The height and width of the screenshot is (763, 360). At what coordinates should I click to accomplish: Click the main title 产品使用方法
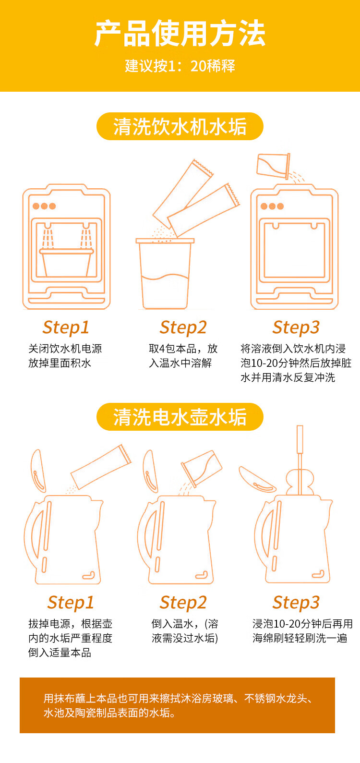[180, 33]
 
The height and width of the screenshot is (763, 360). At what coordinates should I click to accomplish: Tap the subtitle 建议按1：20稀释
[180, 66]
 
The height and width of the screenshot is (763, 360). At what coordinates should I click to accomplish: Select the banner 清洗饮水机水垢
[180, 126]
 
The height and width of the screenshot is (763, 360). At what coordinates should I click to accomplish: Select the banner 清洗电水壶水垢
[180, 417]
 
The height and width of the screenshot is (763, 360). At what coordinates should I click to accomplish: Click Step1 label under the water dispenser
[66, 327]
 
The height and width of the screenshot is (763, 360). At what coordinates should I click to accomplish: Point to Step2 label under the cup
[183, 327]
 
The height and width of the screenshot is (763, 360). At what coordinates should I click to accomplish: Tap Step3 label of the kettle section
[296, 603]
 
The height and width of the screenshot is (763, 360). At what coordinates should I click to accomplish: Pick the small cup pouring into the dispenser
[274, 166]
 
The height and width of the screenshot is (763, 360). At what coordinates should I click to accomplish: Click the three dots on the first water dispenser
[44, 206]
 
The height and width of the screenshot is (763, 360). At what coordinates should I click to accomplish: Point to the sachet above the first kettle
[101, 467]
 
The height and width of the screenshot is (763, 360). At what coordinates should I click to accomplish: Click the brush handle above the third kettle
[300, 439]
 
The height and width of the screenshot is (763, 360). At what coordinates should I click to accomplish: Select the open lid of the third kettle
[257, 480]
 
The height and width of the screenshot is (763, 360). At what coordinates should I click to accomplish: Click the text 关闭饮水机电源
[65, 349]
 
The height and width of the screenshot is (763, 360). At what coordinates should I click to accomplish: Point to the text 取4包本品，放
[183, 349]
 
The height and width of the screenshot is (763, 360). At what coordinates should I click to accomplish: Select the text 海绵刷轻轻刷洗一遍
[300, 638]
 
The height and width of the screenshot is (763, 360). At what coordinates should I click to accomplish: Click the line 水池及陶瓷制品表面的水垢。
[109, 713]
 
